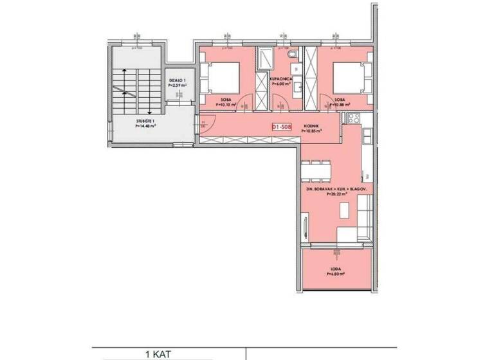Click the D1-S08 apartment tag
click(282, 127)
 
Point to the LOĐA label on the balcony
click(336, 269)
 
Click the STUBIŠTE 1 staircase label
click(145, 122)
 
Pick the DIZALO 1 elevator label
click(176, 80)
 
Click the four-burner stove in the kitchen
click(354, 118)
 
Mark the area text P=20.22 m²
click(336, 194)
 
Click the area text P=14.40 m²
click(145, 127)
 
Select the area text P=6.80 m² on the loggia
click(336, 274)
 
